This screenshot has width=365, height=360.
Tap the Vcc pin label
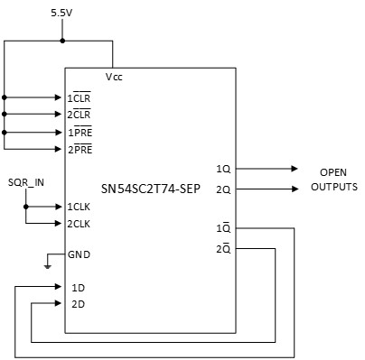[114, 78]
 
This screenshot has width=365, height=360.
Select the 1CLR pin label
[80, 97]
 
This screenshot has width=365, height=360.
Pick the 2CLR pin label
[80, 114]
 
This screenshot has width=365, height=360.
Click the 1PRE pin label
[80, 132]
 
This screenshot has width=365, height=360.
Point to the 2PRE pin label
[80, 149]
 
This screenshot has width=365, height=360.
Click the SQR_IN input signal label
[26, 184]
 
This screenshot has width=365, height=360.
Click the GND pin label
[80, 254]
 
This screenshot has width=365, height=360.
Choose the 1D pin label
[77, 287]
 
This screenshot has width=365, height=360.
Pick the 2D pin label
[77, 304]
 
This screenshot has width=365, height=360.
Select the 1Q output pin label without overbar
[223, 168]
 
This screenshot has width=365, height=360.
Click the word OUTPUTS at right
[333, 187]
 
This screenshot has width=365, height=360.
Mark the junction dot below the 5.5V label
[61, 41]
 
